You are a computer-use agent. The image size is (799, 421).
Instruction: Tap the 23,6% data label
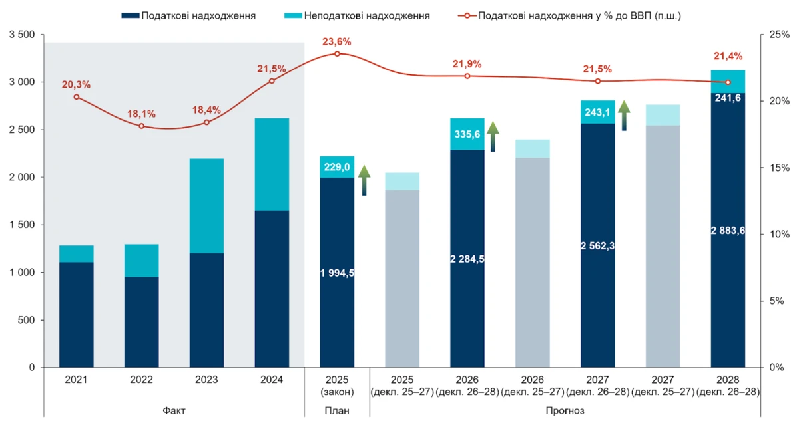(336, 42)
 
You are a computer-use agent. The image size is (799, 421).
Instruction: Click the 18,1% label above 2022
(141, 114)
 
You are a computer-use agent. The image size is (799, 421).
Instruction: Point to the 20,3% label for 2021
(76, 84)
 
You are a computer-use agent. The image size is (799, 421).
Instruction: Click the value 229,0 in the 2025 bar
(336, 168)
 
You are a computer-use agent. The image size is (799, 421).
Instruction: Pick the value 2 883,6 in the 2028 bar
(728, 231)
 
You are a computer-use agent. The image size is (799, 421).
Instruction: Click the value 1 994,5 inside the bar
(336, 273)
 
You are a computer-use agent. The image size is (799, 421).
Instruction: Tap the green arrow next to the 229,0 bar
(364, 180)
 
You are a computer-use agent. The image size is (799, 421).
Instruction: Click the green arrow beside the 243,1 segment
(624, 116)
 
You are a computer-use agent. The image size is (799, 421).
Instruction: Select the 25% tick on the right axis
(778, 35)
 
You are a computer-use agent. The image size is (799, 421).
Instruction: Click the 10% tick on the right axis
(778, 234)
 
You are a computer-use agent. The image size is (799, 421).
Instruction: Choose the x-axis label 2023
(206, 380)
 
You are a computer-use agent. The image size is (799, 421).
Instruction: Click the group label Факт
(174, 410)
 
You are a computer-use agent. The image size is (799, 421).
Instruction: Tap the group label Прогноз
(565, 410)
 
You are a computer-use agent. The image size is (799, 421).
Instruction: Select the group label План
(336, 410)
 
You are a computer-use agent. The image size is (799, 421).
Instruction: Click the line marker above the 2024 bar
(272, 81)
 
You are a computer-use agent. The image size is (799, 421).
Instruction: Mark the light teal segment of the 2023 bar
(206, 206)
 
